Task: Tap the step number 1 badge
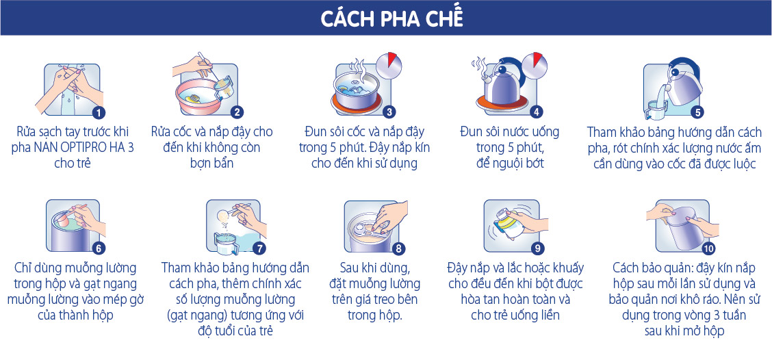tap(99, 112)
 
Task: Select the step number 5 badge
tap(697, 112)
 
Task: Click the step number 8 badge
tap(398, 248)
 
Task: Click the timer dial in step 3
tap(389, 65)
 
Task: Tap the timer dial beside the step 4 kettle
tap(535, 65)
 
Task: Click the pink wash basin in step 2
tap(199, 97)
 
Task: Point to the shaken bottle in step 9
tap(507, 227)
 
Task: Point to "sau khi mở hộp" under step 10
tap(684, 331)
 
